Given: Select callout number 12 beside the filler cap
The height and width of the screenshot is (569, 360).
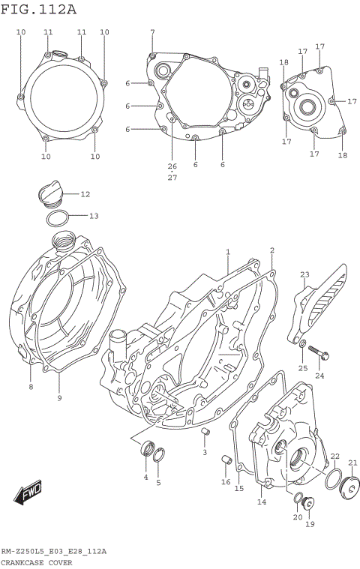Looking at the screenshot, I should coord(85,194).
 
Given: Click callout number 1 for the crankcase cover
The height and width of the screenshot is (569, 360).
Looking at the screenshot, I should coord(227,252).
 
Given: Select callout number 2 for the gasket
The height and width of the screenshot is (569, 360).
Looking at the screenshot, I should coord(271,250).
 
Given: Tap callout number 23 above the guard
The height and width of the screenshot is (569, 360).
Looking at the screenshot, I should coord(305,275).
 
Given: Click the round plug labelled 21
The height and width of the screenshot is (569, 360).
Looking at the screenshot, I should coord(349,489).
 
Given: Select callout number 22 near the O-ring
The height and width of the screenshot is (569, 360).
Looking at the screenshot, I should coord(334,456).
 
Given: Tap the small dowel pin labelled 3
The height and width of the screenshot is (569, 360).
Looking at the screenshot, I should coord(208,434).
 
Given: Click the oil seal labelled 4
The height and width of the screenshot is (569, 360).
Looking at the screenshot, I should coord(147,450).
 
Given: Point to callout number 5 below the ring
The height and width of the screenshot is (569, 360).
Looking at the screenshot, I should coord(158,482).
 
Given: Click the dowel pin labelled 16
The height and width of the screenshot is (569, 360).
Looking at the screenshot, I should coord(223,460).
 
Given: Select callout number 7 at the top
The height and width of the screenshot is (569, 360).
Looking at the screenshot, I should coord(152,32).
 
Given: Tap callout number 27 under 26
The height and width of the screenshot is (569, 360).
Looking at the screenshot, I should coord(172,177).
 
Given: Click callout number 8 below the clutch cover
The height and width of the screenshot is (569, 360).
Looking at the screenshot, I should coord(31,387).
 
